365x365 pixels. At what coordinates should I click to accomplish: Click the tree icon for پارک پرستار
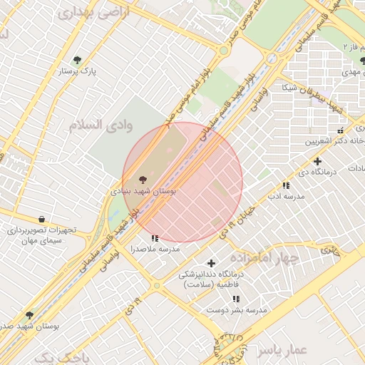pos(77,60)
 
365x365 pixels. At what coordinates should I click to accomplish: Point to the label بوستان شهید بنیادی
pos(144,192)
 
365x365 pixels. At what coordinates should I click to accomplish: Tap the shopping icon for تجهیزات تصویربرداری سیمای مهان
pos(41,219)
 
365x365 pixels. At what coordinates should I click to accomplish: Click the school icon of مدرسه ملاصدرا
pos(155,238)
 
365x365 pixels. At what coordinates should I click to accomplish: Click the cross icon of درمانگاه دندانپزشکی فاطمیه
pos(210,263)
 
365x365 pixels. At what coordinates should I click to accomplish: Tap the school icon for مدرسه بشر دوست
pos(236,299)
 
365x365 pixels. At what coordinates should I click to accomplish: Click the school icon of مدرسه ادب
pos(285,185)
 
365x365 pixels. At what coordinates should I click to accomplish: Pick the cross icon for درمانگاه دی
pos(317,161)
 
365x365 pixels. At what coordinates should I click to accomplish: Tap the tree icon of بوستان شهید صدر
pos(29,314)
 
